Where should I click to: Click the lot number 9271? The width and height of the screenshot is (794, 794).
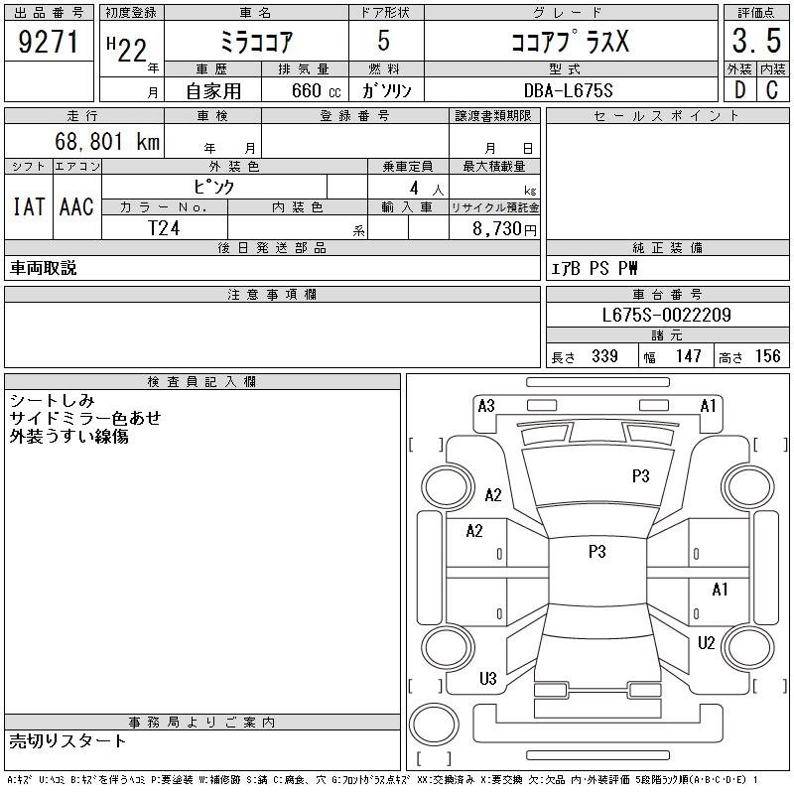pyautogui.click(x=48, y=42)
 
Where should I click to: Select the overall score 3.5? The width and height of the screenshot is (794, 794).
pyautogui.click(x=756, y=41)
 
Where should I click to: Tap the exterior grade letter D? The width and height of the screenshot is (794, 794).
pyautogui.click(x=739, y=90)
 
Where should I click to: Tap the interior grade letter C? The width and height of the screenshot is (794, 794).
pyautogui.click(x=772, y=90)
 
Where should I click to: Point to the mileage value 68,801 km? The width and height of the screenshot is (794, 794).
pyautogui.click(x=107, y=141)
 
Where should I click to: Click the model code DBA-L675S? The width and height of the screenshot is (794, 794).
pyautogui.click(x=568, y=90)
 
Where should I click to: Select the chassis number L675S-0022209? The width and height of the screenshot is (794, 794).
pyautogui.click(x=666, y=315)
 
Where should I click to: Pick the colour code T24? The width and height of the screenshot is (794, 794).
pyautogui.click(x=164, y=228)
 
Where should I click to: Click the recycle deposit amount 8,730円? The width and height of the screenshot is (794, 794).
pyautogui.click(x=504, y=229)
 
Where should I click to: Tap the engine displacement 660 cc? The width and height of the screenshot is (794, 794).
pyautogui.click(x=316, y=90)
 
